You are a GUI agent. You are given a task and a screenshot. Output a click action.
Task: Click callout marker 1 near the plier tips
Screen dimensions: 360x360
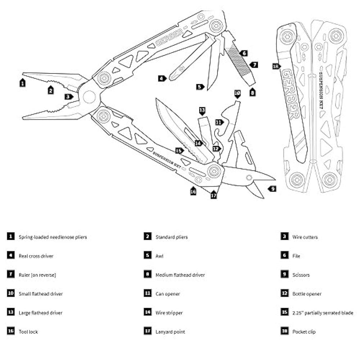(x=22, y=83)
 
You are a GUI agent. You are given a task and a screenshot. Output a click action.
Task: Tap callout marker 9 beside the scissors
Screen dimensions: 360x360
(x=273, y=188)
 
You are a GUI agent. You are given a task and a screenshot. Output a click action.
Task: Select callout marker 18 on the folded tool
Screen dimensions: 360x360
(x=276, y=66)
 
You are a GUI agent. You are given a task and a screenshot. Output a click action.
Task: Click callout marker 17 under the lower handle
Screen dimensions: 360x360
(x=214, y=195)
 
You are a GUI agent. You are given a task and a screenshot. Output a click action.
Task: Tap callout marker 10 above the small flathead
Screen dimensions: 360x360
(x=237, y=93)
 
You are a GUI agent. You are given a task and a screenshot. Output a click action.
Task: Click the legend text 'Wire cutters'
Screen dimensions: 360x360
(x=305, y=237)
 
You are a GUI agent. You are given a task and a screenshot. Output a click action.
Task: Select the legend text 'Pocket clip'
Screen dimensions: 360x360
(x=304, y=332)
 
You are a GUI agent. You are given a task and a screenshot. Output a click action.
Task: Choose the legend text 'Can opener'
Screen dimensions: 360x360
(x=167, y=294)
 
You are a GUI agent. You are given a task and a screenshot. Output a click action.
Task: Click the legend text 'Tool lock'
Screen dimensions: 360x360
(x=28, y=332)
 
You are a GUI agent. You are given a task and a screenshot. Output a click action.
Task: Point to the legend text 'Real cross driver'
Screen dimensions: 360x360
(x=36, y=256)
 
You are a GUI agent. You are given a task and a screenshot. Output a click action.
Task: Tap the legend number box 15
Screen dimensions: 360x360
(x=284, y=313)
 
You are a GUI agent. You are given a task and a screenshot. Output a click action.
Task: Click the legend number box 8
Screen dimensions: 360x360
(x=147, y=275)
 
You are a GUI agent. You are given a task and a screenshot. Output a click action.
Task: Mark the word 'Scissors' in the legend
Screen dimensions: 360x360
(x=301, y=275)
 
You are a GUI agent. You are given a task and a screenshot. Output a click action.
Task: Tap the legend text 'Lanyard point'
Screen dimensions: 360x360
(x=170, y=332)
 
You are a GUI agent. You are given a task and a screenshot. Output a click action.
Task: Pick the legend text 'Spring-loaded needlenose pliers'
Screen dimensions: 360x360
(x=53, y=237)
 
